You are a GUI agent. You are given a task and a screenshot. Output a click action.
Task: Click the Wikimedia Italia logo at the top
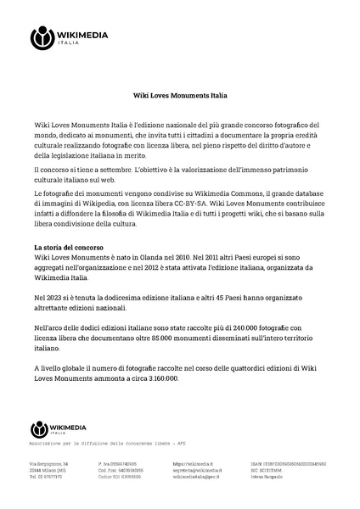pos(64,37)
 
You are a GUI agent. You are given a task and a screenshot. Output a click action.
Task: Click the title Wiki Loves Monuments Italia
pos(179,96)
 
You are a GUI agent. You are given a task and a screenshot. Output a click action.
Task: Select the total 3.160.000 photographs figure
pos(156,378)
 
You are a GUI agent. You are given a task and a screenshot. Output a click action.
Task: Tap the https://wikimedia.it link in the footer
pos(191,464)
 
